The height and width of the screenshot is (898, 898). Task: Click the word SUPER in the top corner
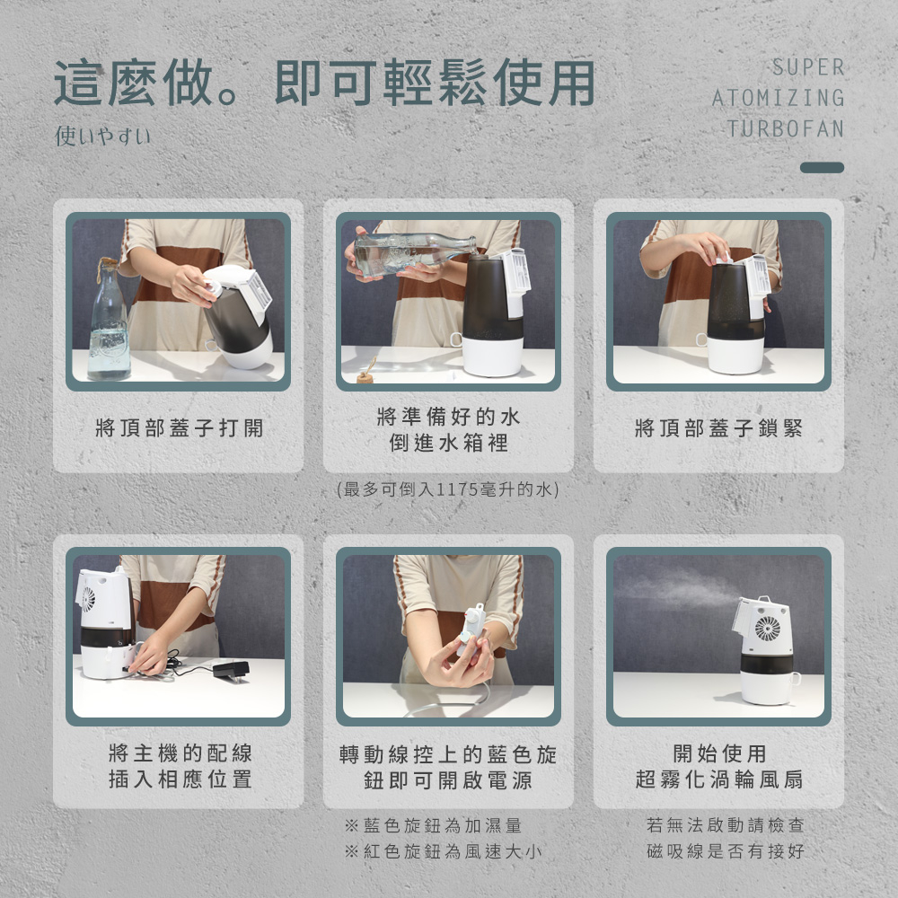click(808, 67)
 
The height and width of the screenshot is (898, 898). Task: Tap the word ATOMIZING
click(778, 97)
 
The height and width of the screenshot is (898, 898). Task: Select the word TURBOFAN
click(785, 128)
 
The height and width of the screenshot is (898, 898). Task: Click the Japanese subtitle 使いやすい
click(103, 136)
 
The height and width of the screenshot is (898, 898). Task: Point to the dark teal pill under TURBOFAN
click(822, 167)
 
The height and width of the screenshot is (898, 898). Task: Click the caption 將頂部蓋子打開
click(180, 427)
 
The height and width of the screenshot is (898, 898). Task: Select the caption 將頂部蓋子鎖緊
click(718, 427)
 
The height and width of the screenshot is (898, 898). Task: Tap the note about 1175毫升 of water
click(448, 489)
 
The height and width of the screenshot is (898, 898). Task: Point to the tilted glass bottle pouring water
click(413, 252)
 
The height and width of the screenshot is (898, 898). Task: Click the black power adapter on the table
click(232, 670)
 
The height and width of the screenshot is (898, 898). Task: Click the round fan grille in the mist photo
click(768, 628)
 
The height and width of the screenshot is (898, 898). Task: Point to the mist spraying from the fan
click(676, 591)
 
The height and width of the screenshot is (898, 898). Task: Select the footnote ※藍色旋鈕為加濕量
click(433, 825)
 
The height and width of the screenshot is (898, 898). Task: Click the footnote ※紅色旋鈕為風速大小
click(443, 851)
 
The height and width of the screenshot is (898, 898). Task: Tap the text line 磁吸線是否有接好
click(726, 851)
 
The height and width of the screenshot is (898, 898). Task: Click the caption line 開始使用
click(719, 753)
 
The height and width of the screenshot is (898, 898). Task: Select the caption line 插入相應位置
click(180, 779)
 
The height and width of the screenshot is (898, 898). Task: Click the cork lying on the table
click(365, 376)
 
